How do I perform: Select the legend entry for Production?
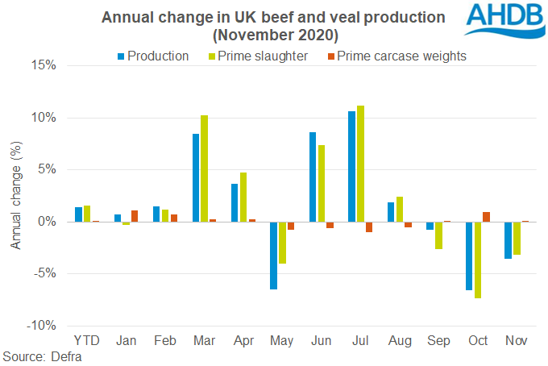click(153, 56)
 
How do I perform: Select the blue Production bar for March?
click(196, 177)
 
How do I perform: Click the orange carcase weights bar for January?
click(134, 216)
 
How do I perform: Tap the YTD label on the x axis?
click(87, 341)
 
